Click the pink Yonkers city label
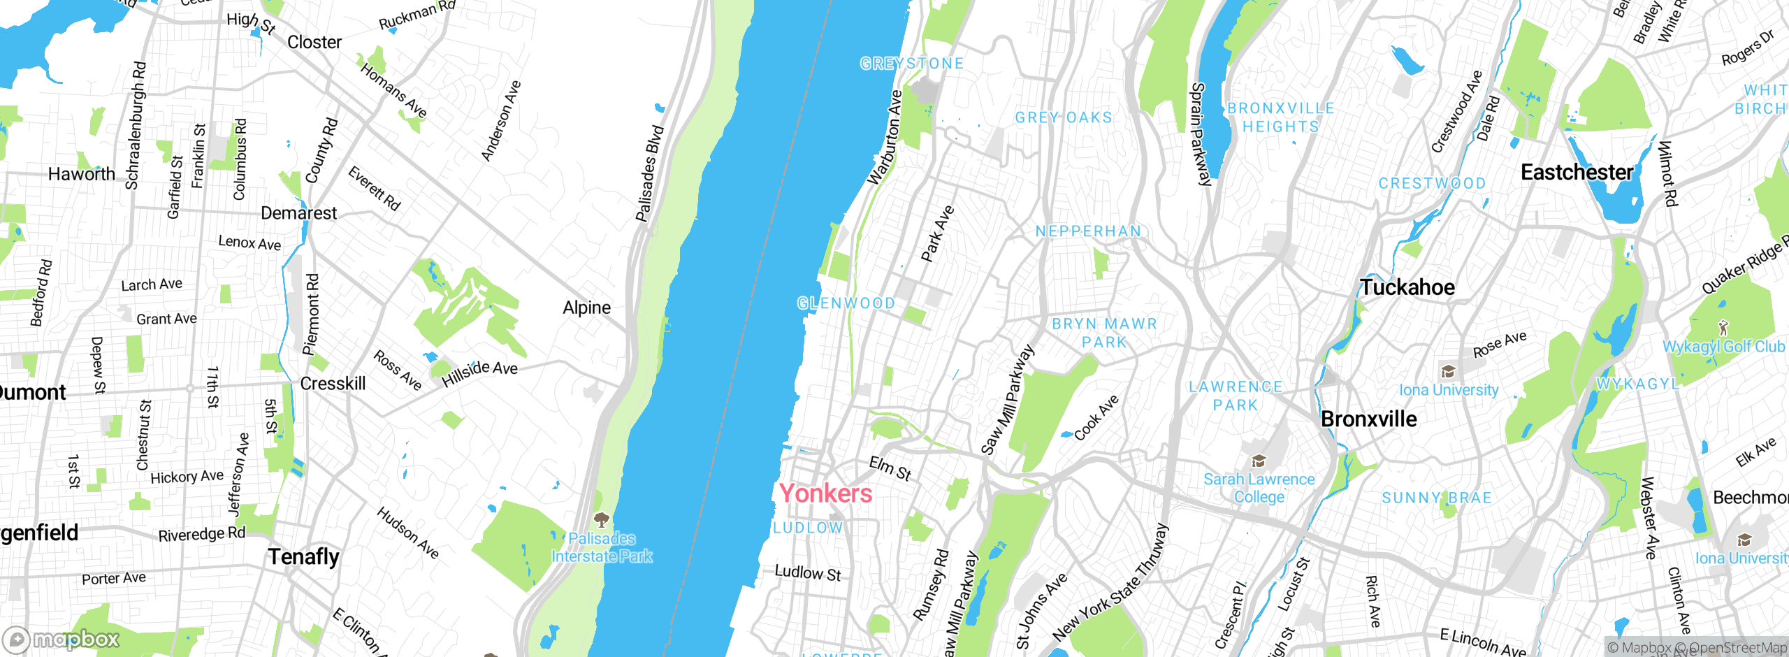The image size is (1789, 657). point(825,493)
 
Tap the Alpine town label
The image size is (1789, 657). point(586,308)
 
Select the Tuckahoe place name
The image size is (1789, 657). point(1407,287)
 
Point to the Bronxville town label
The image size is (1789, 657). point(1368,419)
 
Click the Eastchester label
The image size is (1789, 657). point(1577,172)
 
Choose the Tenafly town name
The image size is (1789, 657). point(303,557)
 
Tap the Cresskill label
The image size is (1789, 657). point(333,384)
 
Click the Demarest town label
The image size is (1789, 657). point(298,213)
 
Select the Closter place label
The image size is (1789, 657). point(314,43)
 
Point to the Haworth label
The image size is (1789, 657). point(81,174)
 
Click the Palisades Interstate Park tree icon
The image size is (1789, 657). point(601,519)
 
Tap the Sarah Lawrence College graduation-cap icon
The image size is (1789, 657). point(1259,461)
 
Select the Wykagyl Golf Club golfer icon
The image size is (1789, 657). point(1723,327)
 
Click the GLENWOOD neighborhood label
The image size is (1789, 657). point(846,303)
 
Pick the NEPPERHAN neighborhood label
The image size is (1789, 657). point(1087,231)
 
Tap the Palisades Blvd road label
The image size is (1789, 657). point(649,174)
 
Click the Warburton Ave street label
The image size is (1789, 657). point(885,138)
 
